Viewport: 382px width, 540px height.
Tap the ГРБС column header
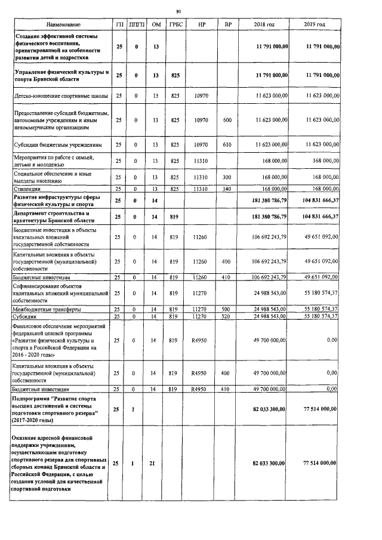pos(175,24)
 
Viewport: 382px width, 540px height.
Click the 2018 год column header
pos(264,24)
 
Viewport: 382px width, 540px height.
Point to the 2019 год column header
pos(315,24)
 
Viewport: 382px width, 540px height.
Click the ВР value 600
pos(227,120)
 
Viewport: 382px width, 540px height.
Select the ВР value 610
pos(227,144)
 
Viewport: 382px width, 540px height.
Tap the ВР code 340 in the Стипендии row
pos(227,189)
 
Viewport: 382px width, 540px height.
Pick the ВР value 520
pos(227,316)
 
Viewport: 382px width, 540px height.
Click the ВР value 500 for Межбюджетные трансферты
pos(227,309)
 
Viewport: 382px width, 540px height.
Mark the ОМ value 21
pos(156,463)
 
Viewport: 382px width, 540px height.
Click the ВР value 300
pos(227,177)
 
